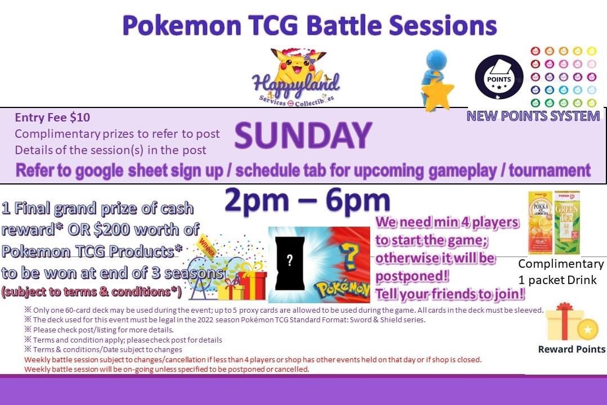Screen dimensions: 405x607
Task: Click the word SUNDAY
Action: tap(303, 136)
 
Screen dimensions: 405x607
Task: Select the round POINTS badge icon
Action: tap(498, 78)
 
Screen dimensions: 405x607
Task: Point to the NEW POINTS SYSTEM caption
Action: tap(533, 116)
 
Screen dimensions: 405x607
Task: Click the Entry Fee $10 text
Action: tap(52, 118)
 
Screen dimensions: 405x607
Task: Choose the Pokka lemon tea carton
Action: tap(539, 223)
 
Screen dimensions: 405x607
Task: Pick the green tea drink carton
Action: tap(566, 223)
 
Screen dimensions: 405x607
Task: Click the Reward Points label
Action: tap(572, 349)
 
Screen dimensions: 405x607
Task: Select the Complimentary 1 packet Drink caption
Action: tap(560, 272)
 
